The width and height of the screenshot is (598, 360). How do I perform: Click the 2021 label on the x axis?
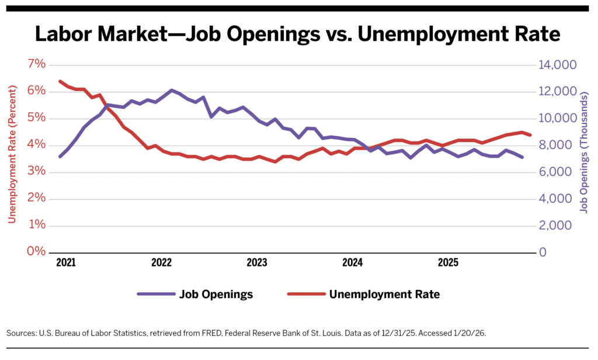pos(65,263)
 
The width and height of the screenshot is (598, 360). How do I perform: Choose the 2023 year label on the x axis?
pos(257,263)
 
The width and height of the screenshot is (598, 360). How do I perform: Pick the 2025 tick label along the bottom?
pos(448,263)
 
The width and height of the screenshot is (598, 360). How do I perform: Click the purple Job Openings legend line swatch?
pos(156,294)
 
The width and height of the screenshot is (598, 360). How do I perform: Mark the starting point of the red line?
pos(60,81)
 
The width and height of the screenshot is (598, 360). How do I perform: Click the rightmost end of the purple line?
pos(522,157)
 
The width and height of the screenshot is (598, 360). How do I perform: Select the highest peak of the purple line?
pos(171,91)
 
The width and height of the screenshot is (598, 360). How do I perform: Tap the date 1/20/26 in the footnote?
pos(469,333)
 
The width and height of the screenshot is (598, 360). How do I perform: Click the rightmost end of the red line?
pos(530,135)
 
